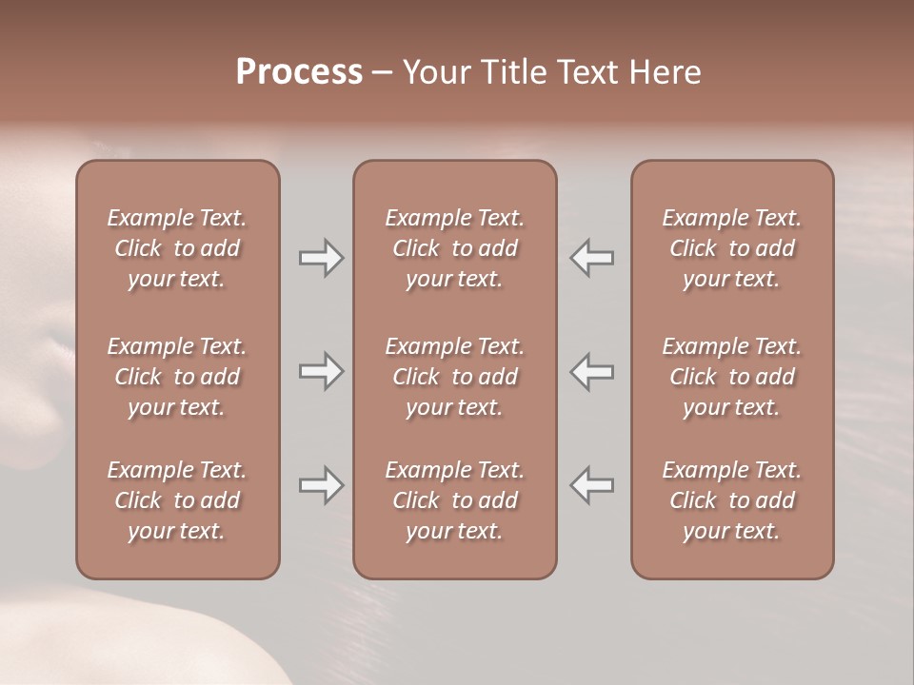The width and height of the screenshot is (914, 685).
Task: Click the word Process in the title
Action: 299,71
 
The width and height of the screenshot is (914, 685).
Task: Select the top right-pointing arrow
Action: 322,258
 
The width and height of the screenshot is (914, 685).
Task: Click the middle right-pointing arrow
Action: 322,371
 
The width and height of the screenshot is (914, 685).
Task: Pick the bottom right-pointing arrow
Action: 322,485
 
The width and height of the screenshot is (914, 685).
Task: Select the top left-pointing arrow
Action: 591,258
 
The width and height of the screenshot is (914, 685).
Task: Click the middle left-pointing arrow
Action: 591,371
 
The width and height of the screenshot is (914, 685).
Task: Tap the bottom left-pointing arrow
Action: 591,485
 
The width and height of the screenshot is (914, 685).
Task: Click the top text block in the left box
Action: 177,248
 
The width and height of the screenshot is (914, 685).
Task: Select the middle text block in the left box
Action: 177,377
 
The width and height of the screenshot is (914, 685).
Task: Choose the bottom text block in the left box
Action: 177,500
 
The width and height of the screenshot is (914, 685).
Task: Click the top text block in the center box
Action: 455,248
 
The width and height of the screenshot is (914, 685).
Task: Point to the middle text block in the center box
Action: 455,377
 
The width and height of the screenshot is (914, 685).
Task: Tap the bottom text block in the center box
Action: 455,500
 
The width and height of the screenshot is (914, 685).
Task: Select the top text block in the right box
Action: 732,248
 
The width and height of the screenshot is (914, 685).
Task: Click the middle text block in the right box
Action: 732,377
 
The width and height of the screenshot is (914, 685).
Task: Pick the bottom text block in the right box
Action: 732,500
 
